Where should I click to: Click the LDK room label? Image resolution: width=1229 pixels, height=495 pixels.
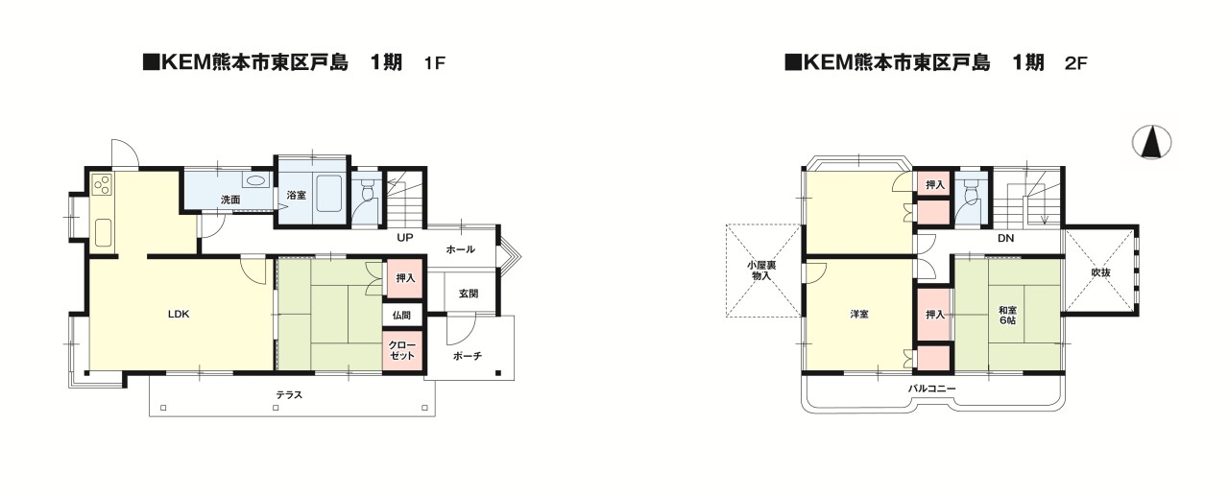(179, 314)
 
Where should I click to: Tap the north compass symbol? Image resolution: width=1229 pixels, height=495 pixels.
(1151, 142)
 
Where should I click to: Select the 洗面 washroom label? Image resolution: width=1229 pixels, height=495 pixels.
(230, 200)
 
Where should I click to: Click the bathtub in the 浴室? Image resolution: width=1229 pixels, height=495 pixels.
(328, 194)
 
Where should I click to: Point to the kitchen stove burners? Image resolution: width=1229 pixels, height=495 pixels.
(102, 184)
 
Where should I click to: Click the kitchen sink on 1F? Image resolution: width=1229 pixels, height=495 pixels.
(103, 233)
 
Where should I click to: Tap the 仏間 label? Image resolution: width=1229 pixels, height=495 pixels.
(401, 316)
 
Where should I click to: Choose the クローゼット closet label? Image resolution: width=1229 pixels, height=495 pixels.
(402, 350)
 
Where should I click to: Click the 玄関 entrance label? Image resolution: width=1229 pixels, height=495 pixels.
(468, 294)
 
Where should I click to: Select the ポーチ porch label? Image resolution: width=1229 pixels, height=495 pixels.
(468, 356)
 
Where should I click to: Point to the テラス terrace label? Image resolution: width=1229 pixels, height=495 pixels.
(289, 394)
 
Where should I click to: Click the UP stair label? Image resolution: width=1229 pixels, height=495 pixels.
(405, 237)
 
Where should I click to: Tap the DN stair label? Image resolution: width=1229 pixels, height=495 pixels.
(1005, 238)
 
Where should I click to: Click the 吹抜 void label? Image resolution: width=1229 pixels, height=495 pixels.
(1100, 271)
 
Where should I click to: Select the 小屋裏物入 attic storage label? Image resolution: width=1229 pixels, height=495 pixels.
(761, 271)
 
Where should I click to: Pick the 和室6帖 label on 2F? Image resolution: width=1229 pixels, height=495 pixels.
(1007, 315)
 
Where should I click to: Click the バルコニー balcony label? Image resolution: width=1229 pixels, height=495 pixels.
(931, 389)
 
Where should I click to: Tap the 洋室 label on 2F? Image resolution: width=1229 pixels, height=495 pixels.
(859, 314)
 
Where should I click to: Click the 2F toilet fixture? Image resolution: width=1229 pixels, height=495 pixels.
(973, 190)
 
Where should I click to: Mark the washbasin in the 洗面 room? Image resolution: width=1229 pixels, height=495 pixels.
(255, 179)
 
